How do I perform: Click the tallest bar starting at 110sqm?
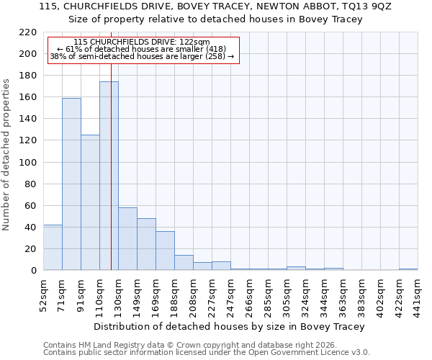109,176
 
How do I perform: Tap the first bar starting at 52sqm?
53,248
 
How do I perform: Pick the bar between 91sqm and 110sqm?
90,202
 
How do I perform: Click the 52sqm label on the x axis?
44,292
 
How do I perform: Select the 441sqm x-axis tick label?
418,294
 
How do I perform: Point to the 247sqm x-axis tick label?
231,294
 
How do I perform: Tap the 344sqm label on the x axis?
325,294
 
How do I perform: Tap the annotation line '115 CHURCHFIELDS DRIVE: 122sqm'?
142,42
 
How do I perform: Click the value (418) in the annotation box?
215,49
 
